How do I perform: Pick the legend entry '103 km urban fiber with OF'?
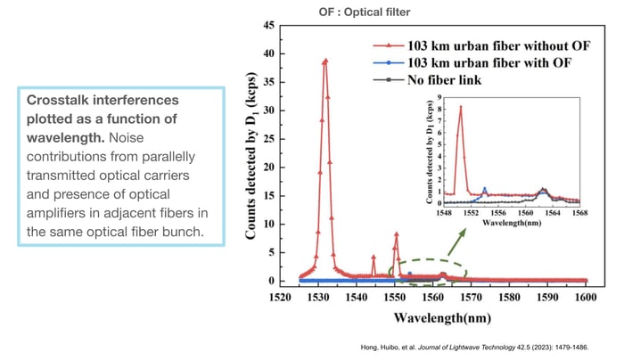pyautogui.click(x=470, y=62)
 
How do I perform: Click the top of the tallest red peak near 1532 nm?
pyautogui.click(x=325, y=61)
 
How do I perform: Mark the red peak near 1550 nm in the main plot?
pyautogui.click(x=396, y=234)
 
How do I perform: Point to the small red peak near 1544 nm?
pyautogui.click(x=374, y=258)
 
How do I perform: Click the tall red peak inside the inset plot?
pyautogui.click(x=461, y=108)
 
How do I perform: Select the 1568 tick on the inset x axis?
pyautogui.click(x=580, y=212)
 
